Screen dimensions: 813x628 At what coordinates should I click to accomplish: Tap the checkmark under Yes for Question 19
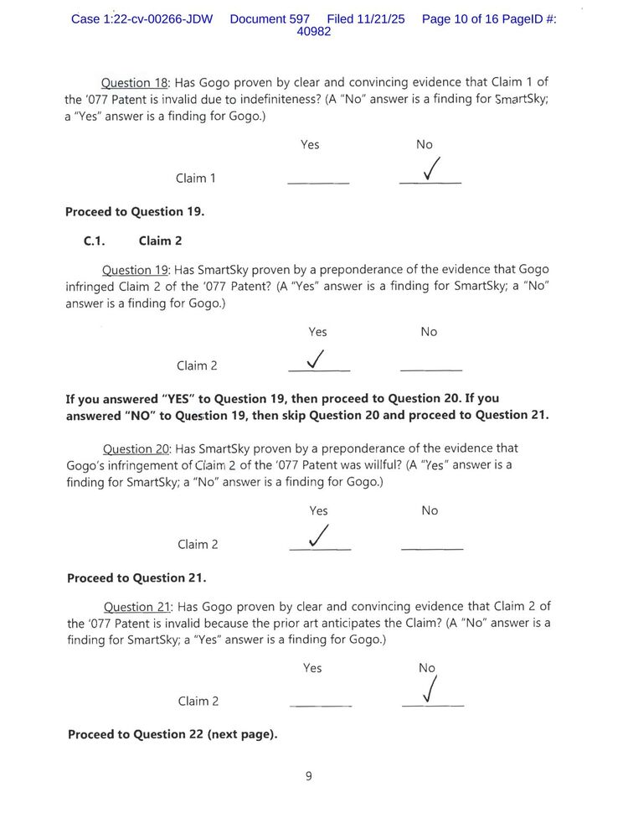pyautogui.click(x=317, y=359)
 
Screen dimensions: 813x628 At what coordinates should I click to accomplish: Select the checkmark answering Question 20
pyautogui.click(x=318, y=536)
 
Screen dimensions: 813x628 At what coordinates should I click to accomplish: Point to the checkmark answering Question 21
pyautogui.click(x=430, y=691)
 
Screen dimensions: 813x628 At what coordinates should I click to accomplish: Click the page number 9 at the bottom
pyautogui.click(x=308, y=776)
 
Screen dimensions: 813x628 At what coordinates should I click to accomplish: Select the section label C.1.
pyautogui.click(x=94, y=241)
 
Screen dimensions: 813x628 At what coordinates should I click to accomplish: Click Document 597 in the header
pyautogui.click(x=270, y=18)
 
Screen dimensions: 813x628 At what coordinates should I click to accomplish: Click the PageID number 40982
pyautogui.click(x=314, y=32)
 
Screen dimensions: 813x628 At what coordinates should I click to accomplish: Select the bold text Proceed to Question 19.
pyautogui.click(x=135, y=211)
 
